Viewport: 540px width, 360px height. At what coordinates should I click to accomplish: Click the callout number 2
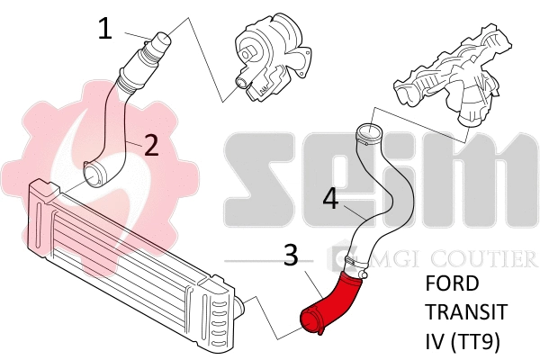151,144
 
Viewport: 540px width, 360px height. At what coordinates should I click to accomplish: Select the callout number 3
291,256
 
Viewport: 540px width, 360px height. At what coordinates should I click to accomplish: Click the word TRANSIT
465,314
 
